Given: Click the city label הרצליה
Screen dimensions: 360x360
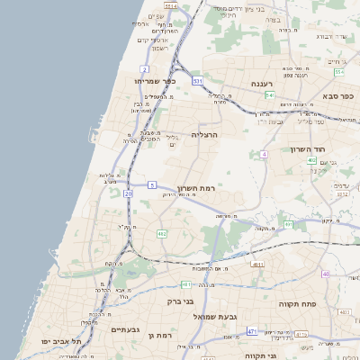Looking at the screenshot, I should click(205, 134).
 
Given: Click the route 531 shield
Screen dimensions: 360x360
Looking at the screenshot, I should click(197, 81).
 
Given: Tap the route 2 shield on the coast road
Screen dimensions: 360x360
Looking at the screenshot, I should click(144, 68).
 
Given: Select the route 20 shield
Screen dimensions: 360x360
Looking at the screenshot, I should click(129, 193).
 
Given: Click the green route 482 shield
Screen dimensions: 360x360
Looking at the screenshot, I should click(162, 234).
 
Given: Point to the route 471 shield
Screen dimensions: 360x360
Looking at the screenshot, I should click(251, 331).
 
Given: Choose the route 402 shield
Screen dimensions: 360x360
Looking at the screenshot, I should click(311, 160).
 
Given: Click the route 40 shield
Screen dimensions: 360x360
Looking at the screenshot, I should click(326, 274).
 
